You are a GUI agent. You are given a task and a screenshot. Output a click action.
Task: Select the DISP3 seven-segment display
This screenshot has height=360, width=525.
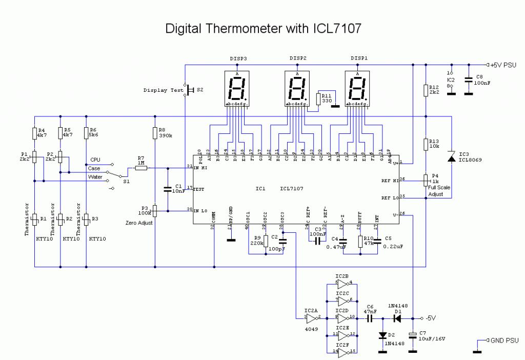click(237, 88)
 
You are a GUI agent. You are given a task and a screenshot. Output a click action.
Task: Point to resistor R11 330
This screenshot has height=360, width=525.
click(319, 99)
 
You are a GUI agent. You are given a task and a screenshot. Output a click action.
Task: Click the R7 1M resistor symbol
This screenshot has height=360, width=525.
click(141, 168)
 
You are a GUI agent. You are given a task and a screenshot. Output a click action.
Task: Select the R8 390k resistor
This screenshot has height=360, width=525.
click(155, 133)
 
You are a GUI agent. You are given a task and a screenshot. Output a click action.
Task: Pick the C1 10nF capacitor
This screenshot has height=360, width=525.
click(167, 189)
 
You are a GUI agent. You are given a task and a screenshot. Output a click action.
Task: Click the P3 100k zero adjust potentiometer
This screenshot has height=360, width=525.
click(155, 210)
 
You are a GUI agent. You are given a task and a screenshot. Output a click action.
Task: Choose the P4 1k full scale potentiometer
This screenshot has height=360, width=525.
click(426, 179)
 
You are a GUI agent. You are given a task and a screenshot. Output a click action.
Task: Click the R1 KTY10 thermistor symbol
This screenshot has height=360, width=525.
click(34, 219)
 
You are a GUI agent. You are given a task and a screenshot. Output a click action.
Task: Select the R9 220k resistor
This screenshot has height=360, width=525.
click(266, 240)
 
